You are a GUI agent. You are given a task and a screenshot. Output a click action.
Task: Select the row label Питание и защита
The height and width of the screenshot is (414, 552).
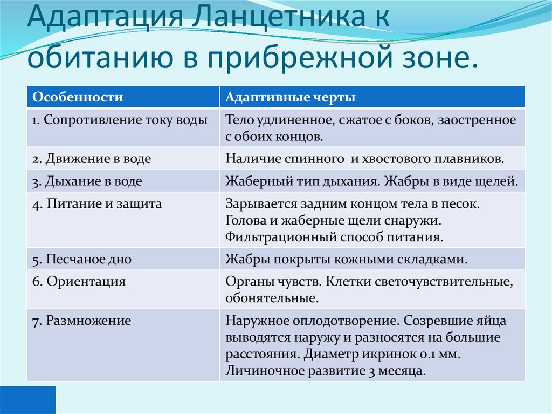[x=97, y=204]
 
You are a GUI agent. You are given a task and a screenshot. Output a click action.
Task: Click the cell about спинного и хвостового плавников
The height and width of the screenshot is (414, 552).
[x=365, y=159]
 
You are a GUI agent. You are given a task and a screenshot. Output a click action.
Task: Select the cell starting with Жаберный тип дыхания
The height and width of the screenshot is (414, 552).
[x=372, y=181]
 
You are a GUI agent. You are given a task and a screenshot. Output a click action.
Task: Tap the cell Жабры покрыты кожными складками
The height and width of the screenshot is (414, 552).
[x=346, y=259]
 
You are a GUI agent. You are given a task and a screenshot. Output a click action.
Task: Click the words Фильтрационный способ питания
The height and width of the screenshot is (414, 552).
[x=334, y=236]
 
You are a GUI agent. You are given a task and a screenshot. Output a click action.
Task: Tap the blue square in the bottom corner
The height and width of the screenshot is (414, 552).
[x=27, y=399]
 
